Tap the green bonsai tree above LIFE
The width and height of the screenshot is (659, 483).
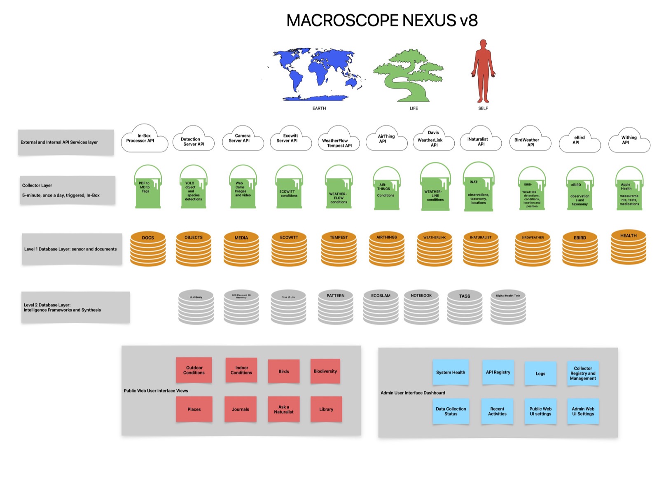tap(408, 76)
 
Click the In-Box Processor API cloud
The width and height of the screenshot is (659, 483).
tap(144, 139)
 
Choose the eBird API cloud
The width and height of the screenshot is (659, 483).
tap(579, 141)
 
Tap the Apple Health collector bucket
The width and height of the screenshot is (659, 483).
tap(629, 189)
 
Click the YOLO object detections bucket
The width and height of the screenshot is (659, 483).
tap(193, 189)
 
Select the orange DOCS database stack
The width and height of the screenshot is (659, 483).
tap(148, 249)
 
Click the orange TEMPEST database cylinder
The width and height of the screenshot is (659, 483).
tap(339, 249)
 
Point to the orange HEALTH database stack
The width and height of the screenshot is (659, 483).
tap(628, 247)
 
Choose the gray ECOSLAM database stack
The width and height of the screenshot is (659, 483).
tap(381, 307)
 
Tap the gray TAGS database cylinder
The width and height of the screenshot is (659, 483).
tap(465, 307)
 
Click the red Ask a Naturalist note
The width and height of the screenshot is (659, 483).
tap(284, 409)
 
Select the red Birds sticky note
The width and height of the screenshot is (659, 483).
tap(284, 371)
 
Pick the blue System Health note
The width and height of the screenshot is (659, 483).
tap(451, 372)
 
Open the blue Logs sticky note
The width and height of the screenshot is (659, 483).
tap(540, 373)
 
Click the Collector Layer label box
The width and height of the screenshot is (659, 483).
tap(68, 190)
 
